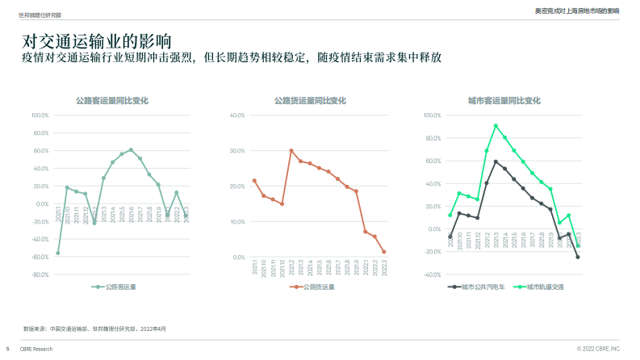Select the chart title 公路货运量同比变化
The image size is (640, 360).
pyautogui.click(x=310, y=101)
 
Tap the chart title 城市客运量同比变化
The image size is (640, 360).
pyautogui.click(x=504, y=101)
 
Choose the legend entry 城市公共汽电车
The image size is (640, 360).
pyautogui.click(x=483, y=287)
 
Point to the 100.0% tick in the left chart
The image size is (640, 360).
pyautogui.click(x=40, y=115)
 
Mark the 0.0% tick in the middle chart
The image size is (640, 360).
pyautogui.click(x=238, y=257)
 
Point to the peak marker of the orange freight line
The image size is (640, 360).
pyautogui.click(x=291, y=150)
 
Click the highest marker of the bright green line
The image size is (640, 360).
pyautogui.click(x=496, y=126)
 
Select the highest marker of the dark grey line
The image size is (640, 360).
pyautogui.click(x=496, y=161)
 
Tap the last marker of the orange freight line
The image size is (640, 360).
pyautogui.click(x=383, y=252)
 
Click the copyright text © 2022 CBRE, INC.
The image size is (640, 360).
pyautogui.click(x=598, y=349)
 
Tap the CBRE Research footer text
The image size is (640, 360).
pyautogui.click(x=36, y=349)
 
